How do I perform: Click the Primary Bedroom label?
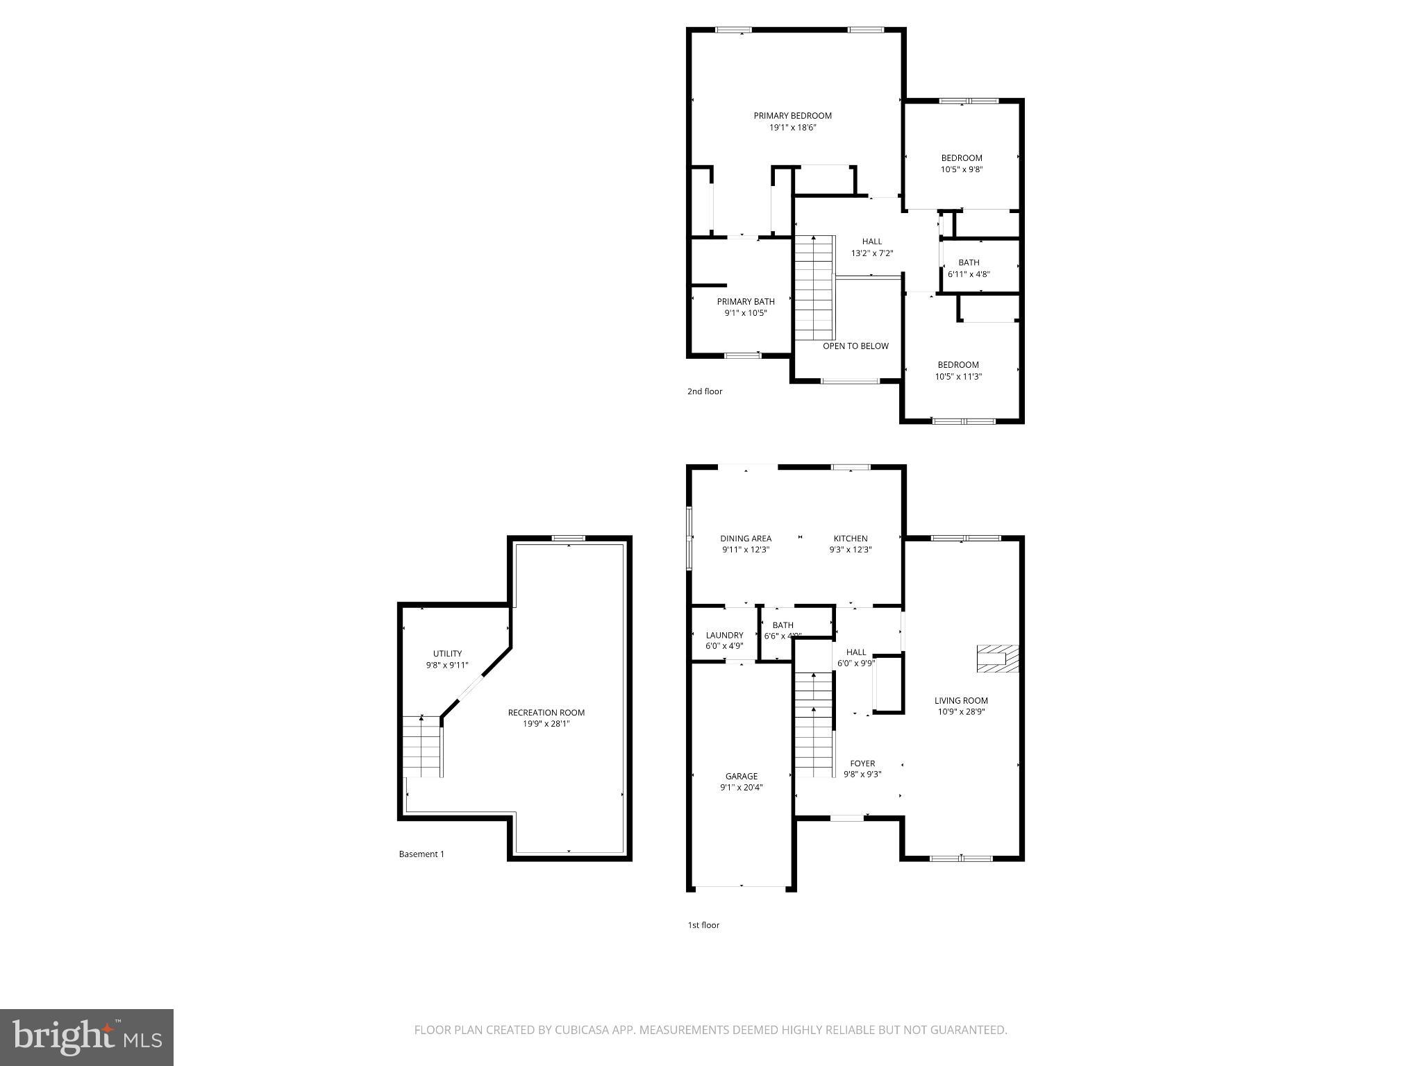[792, 116]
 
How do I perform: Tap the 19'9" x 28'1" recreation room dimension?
[546, 724]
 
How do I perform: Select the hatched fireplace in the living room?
[997, 658]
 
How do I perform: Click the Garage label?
[742, 776]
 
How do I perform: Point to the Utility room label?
[447, 654]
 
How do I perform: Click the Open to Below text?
[855, 346]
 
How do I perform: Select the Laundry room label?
[724, 635]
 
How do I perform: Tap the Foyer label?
[862, 763]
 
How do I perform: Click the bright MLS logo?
[87, 1038]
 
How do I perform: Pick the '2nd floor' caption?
[705, 391]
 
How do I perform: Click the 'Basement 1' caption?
[421, 854]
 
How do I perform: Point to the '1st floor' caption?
[703, 925]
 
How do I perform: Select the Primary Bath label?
[746, 301]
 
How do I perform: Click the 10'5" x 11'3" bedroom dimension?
[958, 377]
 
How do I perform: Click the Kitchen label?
[851, 539]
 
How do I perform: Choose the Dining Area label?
[746, 539]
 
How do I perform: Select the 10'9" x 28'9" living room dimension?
[960, 711]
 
